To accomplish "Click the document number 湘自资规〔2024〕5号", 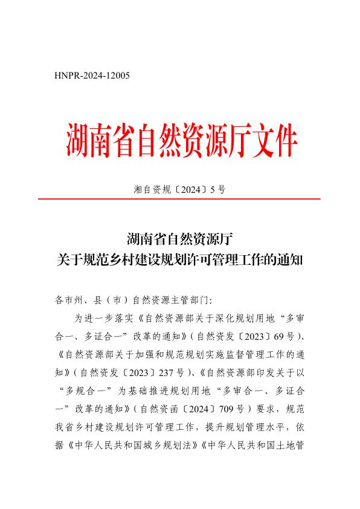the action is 179,189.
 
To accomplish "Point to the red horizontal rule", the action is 179,199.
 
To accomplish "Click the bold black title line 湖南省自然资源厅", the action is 179,239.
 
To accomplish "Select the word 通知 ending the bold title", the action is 291,260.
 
